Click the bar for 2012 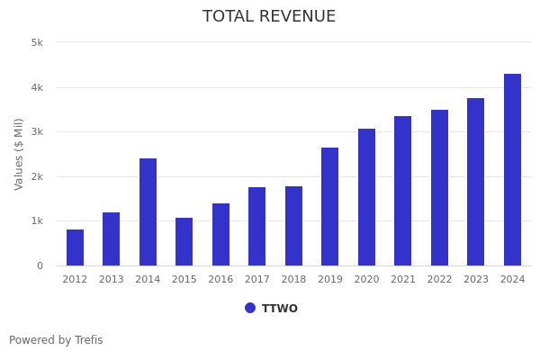[x=75, y=247]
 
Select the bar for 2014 [x=148, y=212]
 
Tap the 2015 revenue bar [x=184, y=241]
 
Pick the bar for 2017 [x=257, y=226]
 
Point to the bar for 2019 [x=330, y=206]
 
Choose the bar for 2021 [x=403, y=191]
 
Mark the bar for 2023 [x=476, y=182]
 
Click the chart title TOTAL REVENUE [x=269, y=17]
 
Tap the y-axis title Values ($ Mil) [x=20, y=154]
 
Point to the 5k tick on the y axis [x=37, y=42]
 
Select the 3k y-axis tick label [x=37, y=131]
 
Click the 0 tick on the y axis [x=40, y=265]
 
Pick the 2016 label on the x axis [x=220, y=280]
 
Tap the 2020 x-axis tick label [x=366, y=280]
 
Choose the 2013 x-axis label [x=112, y=280]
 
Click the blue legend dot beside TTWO [x=250, y=308]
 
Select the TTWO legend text [x=280, y=309]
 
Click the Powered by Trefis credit [x=56, y=340]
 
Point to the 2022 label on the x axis [x=439, y=280]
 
